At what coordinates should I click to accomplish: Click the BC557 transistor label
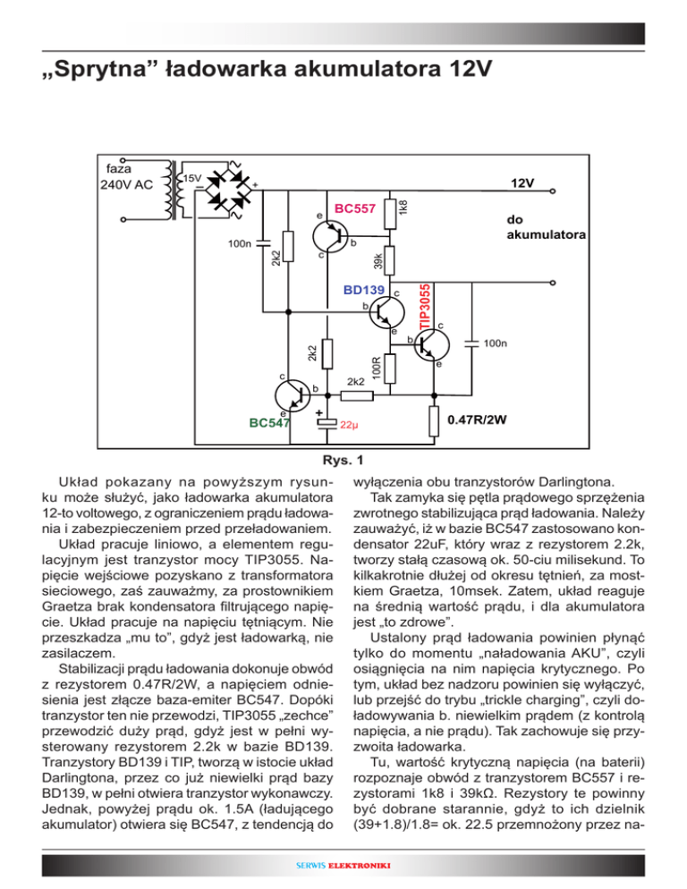click(x=354, y=208)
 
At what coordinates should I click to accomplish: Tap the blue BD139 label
click(x=364, y=290)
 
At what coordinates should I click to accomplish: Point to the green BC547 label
click(x=270, y=424)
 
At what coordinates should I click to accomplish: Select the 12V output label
click(x=522, y=183)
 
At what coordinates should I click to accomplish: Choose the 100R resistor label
click(x=377, y=365)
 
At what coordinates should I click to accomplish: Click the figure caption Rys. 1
click(x=343, y=461)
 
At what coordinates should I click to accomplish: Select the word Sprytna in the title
click(x=99, y=68)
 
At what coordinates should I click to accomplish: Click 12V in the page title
click(x=463, y=68)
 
